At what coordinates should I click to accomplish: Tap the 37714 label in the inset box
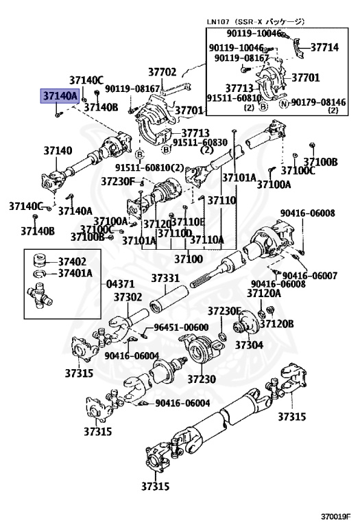pyautogui.click(x=324, y=47)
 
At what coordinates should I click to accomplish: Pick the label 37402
pyautogui.click(x=72, y=261)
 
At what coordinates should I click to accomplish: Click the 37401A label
pyautogui.click(x=75, y=273)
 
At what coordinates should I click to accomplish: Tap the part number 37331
pyautogui.click(x=165, y=278)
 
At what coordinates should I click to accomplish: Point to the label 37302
pyautogui.click(x=128, y=297)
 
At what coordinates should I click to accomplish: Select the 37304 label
pyautogui.click(x=250, y=344)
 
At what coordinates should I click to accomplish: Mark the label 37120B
pyautogui.click(x=298, y=323)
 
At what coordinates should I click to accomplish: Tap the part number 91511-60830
pyautogui.click(x=200, y=142)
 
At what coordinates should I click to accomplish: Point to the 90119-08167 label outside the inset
pyautogui.click(x=135, y=89)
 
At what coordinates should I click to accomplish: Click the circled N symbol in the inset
pyautogui.click(x=283, y=103)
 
